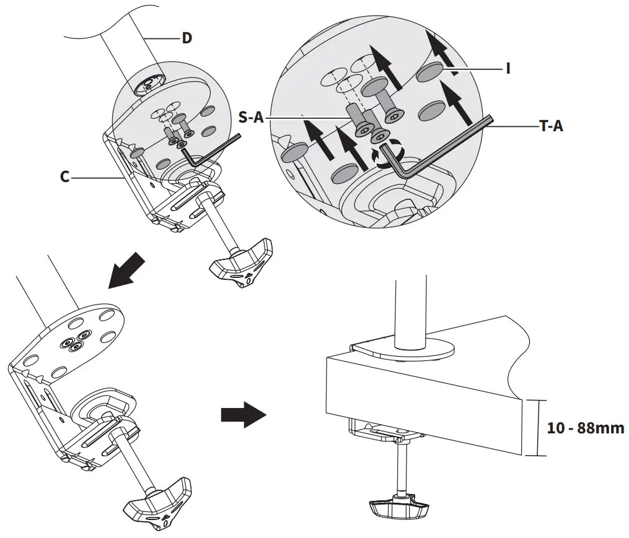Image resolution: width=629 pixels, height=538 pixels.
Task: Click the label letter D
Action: click(187, 38)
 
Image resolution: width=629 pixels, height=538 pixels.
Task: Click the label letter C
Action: click(64, 177)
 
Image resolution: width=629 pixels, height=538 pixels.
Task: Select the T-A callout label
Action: click(550, 126)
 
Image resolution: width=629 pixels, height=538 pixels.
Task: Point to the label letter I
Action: click(508, 68)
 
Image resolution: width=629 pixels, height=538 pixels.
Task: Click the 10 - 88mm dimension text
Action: click(586, 428)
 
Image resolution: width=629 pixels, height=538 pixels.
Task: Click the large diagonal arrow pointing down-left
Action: click(127, 270)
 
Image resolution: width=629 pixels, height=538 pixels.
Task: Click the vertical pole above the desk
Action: click(409, 310)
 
